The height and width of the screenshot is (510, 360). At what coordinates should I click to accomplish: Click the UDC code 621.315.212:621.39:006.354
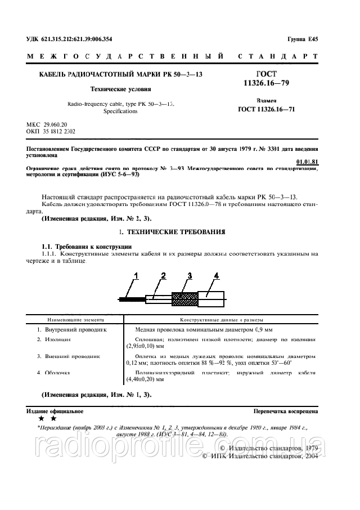78,39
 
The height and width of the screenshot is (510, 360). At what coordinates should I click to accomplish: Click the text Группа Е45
303,39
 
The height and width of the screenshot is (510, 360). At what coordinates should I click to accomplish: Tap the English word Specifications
120,111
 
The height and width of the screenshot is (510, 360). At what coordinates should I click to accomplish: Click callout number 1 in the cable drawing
135,275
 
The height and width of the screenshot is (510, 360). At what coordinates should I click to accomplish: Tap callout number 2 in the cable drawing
163,275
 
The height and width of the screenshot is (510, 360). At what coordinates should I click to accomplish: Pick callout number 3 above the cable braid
190,275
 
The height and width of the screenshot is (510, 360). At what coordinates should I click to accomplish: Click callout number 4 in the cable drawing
215,275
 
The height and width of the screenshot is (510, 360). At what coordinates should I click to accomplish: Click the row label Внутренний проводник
75,329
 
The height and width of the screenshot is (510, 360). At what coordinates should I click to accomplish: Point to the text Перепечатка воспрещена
286,411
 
